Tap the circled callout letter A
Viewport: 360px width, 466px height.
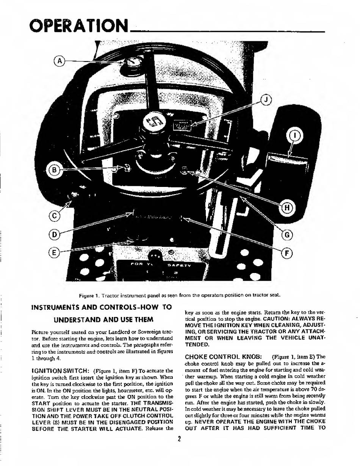point(60,60)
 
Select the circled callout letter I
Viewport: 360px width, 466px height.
point(295,135)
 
